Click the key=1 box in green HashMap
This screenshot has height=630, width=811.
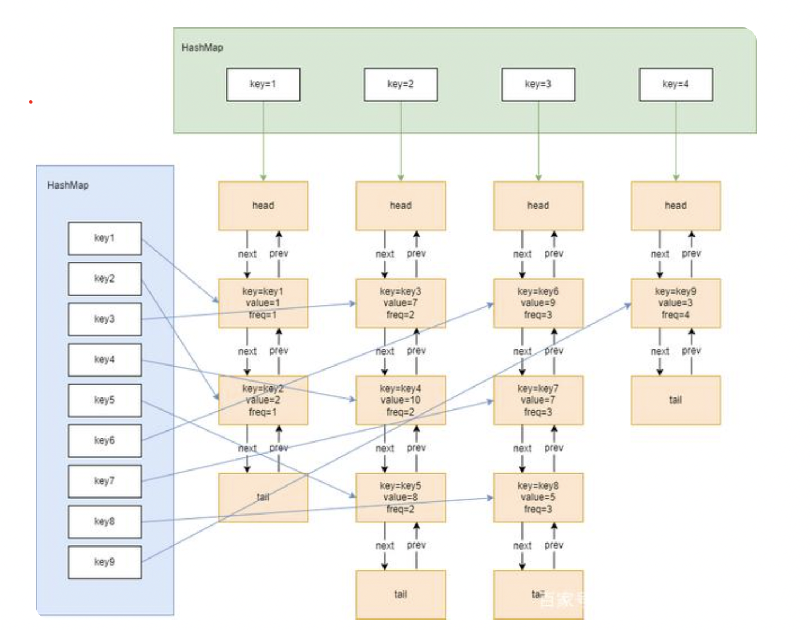tap(263, 85)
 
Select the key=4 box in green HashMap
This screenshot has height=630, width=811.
tap(675, 85)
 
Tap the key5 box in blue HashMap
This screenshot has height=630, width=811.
tap(104, 400)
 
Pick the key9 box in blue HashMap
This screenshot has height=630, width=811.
tap(104, 562)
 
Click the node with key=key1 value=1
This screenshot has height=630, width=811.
tap(263, 303)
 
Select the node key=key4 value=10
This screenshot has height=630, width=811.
tap(401, 400)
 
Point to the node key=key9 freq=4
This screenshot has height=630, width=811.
tap(675, 303)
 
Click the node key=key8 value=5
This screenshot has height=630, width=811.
tap(538, 498)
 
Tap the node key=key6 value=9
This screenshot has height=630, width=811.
tap(538, 303)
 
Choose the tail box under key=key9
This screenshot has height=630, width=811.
tap(675, 400)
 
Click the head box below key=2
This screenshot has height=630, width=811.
tap(401, 206)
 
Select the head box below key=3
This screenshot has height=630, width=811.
tap(538, 206)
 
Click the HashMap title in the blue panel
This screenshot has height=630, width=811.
tap(68, 185)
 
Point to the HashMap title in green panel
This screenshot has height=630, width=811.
tap(202, 48)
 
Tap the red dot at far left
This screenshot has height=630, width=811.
tap(31, 102)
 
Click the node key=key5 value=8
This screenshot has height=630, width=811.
tap(401, 498)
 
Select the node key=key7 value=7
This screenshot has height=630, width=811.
tap(538, 400)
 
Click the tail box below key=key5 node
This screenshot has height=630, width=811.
tap(401, 594)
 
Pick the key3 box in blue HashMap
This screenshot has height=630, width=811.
tap(104, 319)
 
